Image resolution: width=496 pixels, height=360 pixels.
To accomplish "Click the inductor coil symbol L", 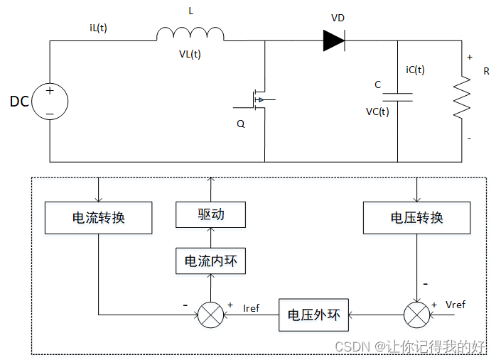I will [190, 34].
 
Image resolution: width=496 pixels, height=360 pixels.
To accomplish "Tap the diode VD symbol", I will [334, 40].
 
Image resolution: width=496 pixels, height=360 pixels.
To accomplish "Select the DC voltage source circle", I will [50, 102].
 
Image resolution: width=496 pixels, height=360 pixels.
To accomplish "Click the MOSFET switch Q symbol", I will [257, 100].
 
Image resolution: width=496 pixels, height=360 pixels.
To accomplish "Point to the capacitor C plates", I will [397, 97].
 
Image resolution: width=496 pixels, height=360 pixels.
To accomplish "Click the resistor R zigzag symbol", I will [463, 97].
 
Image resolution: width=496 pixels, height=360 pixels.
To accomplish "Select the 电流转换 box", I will [98, 218].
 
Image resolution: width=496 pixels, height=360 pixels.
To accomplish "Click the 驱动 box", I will [210, 214].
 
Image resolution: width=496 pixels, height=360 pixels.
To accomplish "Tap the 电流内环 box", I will [210, 261].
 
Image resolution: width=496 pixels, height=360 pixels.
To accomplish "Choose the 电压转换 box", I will [416, 218].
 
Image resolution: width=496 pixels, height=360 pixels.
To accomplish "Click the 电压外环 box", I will [313, 315].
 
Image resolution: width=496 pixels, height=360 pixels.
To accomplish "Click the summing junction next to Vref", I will [416, 315].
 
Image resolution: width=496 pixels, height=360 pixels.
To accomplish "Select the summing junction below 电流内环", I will [210, 315].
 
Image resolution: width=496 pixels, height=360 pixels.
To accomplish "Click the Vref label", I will [455, 304].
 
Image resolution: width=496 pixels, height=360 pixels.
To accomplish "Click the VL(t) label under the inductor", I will [190, 55].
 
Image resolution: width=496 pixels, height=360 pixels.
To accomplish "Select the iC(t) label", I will [415, 70].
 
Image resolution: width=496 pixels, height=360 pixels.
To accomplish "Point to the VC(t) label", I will [377, 111].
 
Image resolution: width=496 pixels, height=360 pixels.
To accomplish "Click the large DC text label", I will [19, 102].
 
